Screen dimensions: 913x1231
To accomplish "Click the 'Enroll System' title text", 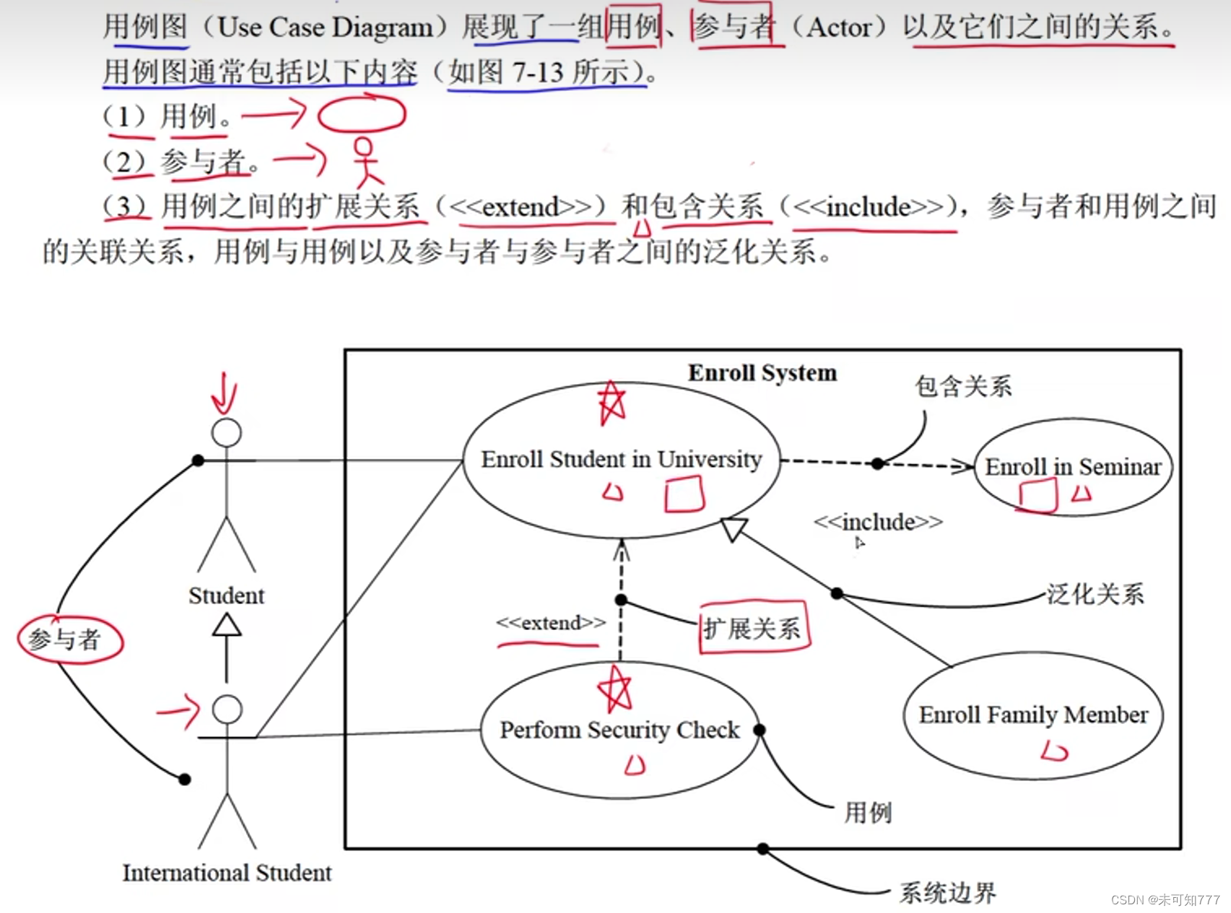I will [x=762, y=372].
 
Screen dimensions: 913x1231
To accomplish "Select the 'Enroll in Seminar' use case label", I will [x=1073, y=467].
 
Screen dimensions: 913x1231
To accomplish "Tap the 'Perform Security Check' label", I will [x=619, y=730].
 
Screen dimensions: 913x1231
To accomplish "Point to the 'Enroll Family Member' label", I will [x=1033, y=715].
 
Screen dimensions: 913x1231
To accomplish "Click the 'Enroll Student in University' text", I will [x=622, y=459].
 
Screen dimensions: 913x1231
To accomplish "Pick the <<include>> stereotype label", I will [x=878, y=522].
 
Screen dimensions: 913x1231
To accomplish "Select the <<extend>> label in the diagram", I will [x=550, y=623].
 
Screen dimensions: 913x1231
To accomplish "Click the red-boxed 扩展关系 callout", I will [x=753, y=628].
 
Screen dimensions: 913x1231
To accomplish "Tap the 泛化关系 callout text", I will [x=1095, y=594].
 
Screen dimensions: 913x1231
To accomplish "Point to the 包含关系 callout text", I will [x=963, y=386].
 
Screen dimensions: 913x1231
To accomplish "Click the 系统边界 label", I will [x=947, y=893].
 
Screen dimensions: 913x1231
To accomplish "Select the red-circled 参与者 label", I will [x=65, y=639].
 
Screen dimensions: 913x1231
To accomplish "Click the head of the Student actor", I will [x=226, y=433].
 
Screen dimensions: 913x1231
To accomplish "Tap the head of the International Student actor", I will [x=227, y=709].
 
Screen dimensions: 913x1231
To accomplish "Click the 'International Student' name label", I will [x=227, y=873].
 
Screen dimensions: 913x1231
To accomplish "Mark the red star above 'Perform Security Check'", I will [x=615, y=689].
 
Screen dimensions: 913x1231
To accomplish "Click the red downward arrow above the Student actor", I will [x=224, y=394].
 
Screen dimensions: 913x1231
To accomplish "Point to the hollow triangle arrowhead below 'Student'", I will [x=227, y=624].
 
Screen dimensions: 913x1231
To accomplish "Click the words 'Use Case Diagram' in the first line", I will [x=325, y=27].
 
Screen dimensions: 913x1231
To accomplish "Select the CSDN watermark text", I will [x=1165, y=899].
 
